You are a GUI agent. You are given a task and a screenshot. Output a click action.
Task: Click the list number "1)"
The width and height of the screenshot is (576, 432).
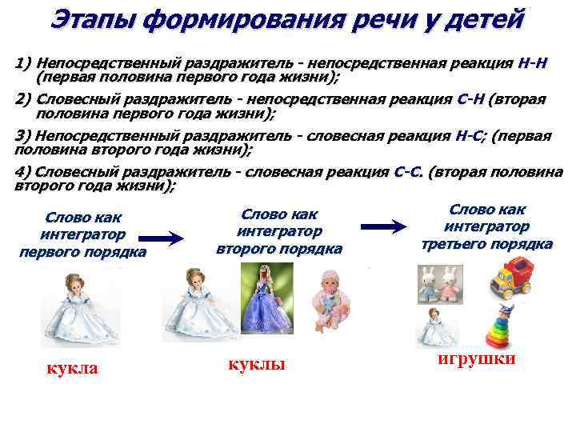24,62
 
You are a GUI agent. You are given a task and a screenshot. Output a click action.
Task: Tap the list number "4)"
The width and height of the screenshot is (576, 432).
24,172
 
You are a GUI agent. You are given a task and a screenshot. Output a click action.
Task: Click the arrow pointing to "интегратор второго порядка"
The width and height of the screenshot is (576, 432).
166,237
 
